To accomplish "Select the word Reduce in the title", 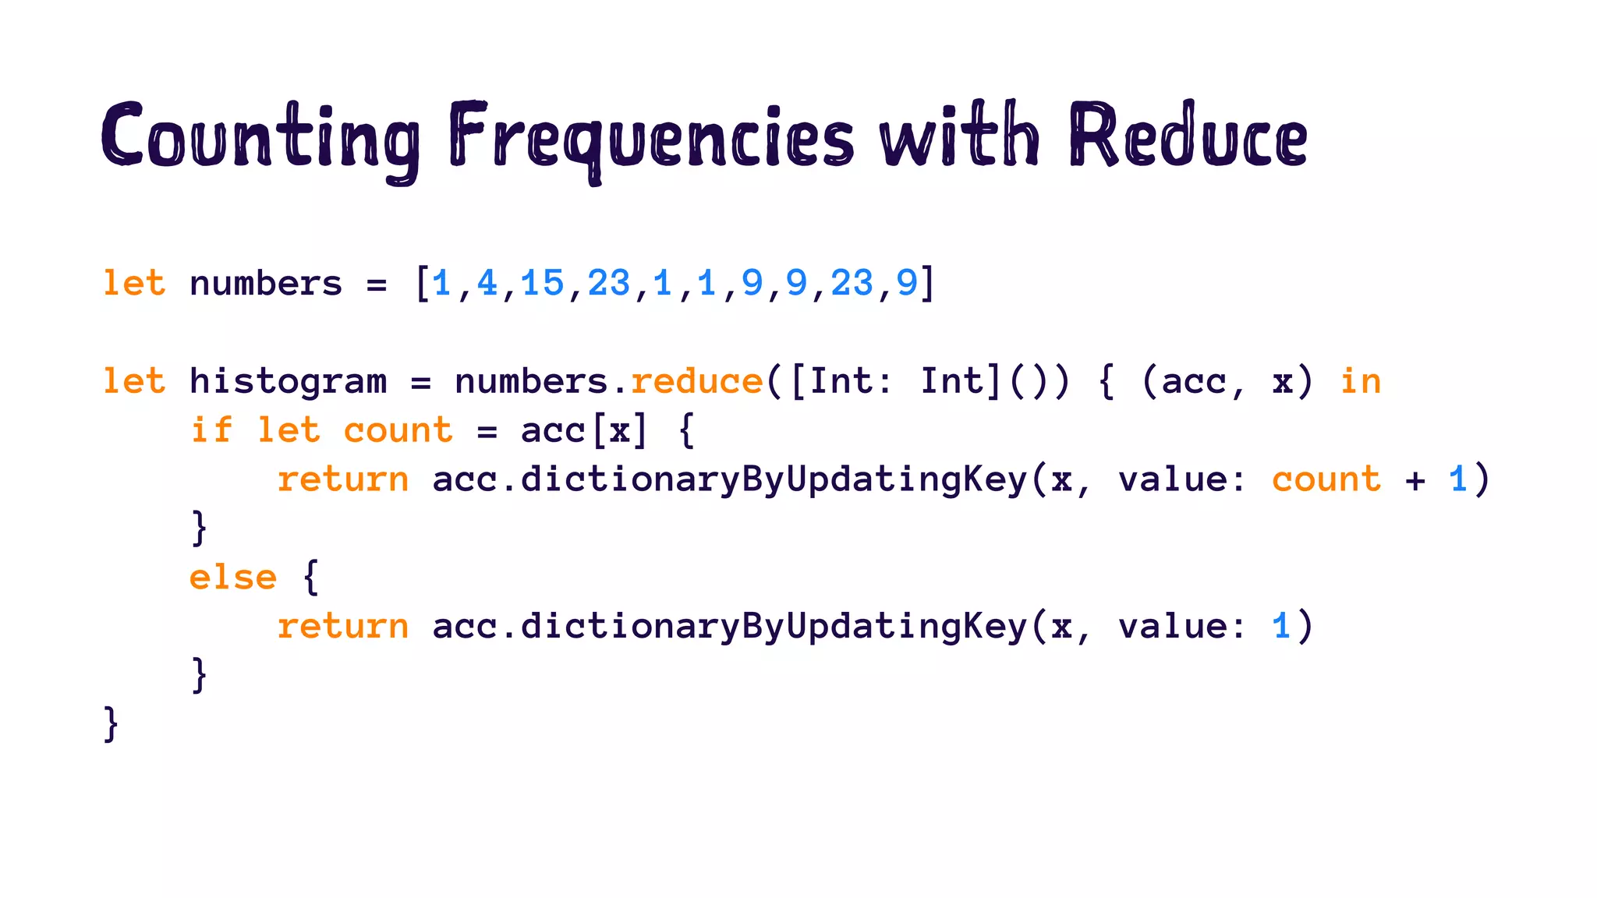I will [x=1188, y=136].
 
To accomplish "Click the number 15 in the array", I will [x=542, y=282].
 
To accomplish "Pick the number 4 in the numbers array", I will [x=487, y=282].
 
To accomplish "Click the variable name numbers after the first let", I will [x=266, y=284].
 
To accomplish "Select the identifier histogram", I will [x=288, y=382].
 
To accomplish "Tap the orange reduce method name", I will [x=696, y=382].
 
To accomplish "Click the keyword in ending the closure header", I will [x=1360, y=382].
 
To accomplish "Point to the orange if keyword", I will [x=211, y=430].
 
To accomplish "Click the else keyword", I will [x=232, y=578].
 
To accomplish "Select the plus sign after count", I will [x=1415, y=480].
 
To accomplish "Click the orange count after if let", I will [x=398, y=431].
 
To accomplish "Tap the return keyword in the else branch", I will [x=343, y=627].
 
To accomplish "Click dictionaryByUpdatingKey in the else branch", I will [x=774, y=627].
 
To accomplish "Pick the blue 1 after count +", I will [x=1458, y=479].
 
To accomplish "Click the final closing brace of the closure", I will [x=111, y=724].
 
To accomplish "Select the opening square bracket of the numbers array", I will [x=422, y=283].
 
